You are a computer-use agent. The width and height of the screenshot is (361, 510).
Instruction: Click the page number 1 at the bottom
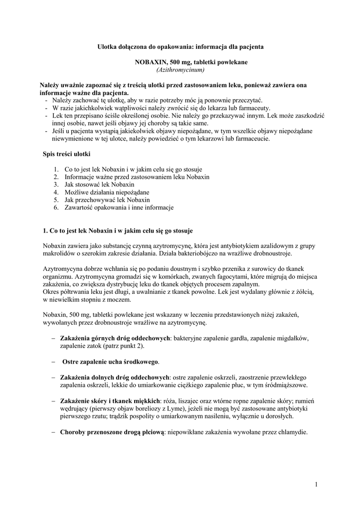pyautogui.click(x=316, y=484)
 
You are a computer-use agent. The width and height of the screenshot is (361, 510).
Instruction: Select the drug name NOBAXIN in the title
pyautogui.click(x=151, y=62)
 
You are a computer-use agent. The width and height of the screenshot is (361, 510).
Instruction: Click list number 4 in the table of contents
pyautogui.click(x=57, y=192)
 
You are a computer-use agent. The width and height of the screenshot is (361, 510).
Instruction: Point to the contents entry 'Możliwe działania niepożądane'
pyautogui.click(x=107, y=192)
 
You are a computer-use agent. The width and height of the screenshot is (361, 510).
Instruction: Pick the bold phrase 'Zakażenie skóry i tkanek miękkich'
pyautogui.click(x=110, y=400)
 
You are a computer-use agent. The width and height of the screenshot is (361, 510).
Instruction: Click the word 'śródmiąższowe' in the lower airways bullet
pyautogui.click(x=287, y=385)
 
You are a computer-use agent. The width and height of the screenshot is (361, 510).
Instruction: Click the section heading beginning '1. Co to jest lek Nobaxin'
pyautogui.click(x=118, y=231)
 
